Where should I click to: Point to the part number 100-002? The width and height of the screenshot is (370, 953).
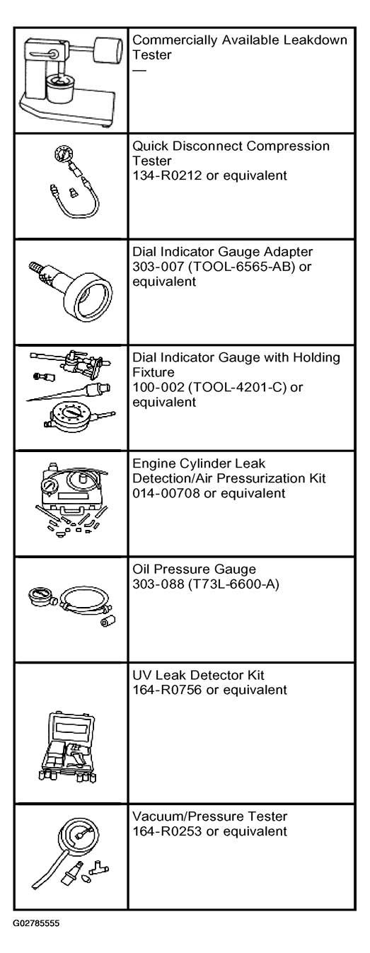pos(158,387)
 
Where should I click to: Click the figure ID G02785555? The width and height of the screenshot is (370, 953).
pos(36,923)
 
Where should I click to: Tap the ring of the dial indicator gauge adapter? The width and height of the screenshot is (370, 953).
pos(88,297)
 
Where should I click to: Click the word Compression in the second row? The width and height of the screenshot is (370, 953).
pos(288,146)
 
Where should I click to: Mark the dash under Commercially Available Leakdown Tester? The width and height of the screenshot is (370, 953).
pos(139,70)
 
